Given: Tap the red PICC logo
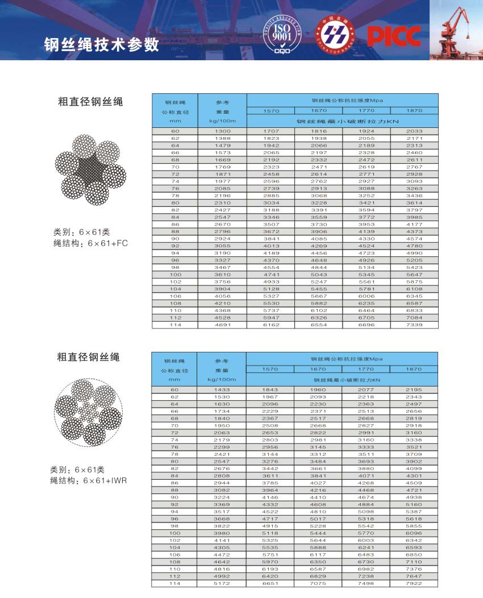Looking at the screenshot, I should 393,36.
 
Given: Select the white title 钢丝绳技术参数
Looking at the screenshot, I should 102,45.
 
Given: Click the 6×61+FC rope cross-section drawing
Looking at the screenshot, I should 90,169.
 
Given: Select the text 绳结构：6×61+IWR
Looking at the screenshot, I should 89,481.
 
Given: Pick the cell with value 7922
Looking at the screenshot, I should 414,583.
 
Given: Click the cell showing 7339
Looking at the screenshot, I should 415,325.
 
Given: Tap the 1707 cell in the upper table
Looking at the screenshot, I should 270,131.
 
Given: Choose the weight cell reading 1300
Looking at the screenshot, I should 222,131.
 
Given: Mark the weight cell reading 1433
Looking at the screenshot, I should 222,389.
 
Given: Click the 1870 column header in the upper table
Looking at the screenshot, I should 415,110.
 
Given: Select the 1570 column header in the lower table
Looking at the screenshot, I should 270,369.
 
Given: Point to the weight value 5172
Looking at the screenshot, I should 222,583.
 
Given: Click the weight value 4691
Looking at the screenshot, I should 222,325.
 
